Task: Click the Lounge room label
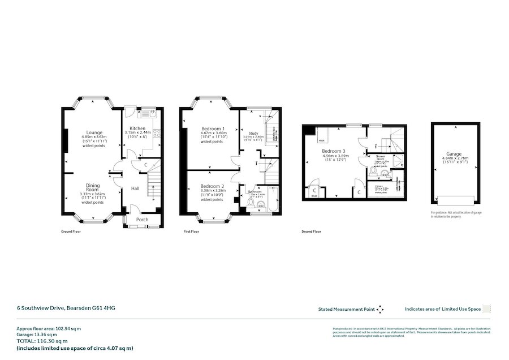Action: (94, 132)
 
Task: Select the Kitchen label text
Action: (137, 128)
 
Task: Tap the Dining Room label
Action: (93, 187)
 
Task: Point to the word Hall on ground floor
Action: (136, 188)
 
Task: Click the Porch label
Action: (142, 220)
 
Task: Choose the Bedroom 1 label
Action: (213, 128)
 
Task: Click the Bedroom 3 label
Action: (333, 151)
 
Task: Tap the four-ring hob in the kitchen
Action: (157, 134)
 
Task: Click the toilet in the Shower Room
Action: (373, 169)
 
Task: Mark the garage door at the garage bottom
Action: (454, 198)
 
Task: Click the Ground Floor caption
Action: (71, 232)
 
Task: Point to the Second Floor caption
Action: (311, 232)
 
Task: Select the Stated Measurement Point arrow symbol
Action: (381, 309)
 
